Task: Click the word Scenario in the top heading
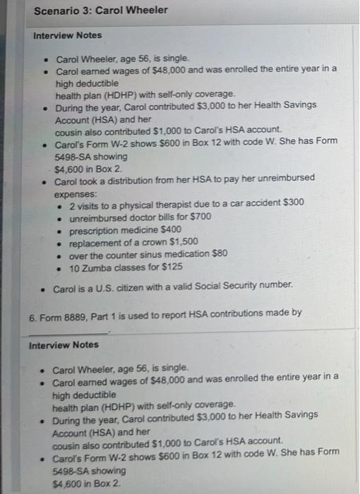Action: pyautogui.click(x=54, y=10)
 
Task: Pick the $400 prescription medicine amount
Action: pyautogui.click(x=172, y=229)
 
